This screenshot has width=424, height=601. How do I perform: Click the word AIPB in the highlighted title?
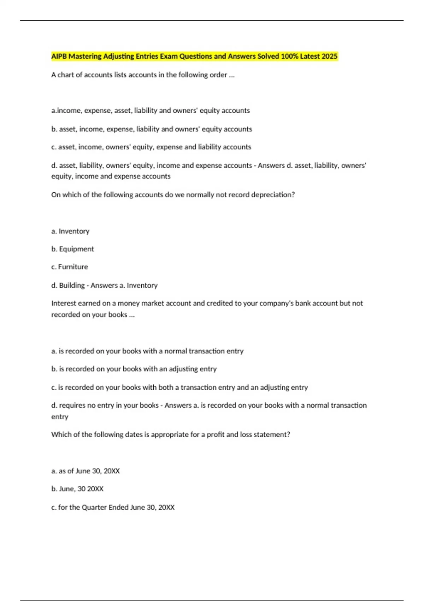click(x=59, y=56)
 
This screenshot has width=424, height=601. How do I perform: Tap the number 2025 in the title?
click(x=329, y=56)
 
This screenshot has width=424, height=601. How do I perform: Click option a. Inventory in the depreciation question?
click(x=70, y=231)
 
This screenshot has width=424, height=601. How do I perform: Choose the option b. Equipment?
click(x=72, y=249)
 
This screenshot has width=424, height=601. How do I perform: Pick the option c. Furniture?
click(x=70, y=267)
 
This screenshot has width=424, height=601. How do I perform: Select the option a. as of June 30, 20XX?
click(x=86, y=471)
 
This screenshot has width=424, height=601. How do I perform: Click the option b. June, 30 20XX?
click(x=77, y=489)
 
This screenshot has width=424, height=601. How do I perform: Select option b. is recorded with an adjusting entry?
click(x=134, y=369)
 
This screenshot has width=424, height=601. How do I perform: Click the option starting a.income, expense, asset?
click(x=151, y=111)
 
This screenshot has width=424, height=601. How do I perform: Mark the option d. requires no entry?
click(x=105, y=405)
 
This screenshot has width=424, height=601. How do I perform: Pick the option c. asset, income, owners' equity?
click(x=151, y=147)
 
